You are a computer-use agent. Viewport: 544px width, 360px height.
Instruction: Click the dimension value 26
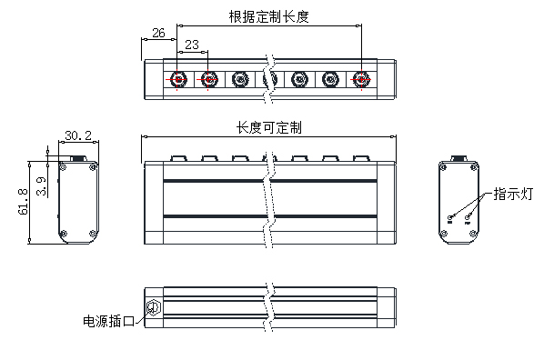click(157, 33)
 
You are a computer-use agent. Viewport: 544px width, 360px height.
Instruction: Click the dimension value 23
click(192, 45)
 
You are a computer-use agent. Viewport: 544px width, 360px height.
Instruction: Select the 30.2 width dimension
click(77, 135)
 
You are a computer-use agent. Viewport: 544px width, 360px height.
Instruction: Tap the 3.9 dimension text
click(42, 186)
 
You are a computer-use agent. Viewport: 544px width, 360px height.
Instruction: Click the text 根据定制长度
click(269, 15)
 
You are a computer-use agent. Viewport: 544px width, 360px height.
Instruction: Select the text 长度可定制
click(269, 127)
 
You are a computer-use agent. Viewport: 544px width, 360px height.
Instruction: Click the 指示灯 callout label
click(512, 194)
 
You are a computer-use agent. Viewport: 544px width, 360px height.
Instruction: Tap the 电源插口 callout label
click(108, 321)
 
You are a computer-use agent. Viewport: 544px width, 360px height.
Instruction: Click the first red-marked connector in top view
click(178, 80)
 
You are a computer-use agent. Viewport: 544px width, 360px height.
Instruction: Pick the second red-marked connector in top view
click(208, 80)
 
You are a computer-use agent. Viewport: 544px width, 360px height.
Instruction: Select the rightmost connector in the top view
click(362, 80)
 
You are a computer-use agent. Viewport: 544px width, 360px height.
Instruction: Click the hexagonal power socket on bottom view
click(152, 305)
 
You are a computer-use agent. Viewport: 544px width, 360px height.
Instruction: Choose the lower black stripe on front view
click(269, 215)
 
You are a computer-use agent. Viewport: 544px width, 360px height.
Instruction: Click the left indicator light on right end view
click(451, 216)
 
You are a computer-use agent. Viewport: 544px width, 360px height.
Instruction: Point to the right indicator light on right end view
click(468, 216)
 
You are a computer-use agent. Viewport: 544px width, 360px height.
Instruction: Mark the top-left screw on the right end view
click(444, 167)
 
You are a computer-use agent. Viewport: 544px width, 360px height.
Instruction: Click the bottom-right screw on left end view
click(93, 235)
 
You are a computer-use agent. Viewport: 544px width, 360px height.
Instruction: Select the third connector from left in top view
click(239, 80)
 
